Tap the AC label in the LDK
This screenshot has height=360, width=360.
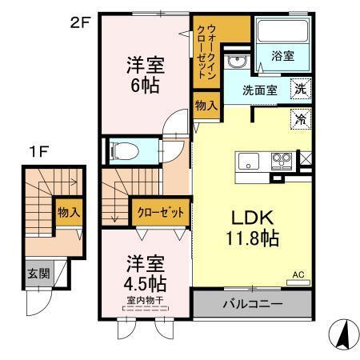pyautogui.click(x=298, y=274)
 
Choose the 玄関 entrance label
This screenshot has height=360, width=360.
pyautogui.click(x=37, y=273)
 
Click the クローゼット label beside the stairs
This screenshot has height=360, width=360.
pyautogui.click(x=161, y=213)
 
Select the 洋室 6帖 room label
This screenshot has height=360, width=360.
pyautogui.click(x=144, y=74)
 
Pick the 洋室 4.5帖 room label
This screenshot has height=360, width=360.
pyautogui.click(x=143, y=273)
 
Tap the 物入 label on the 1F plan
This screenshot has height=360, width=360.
pyautogui.click(x=67, y=212)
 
